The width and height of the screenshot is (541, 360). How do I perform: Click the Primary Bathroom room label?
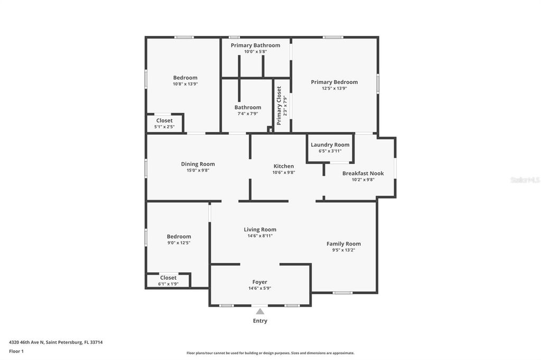click(x=255, y=45)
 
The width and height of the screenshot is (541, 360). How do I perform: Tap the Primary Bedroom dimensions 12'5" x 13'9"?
click(x=334, y=89)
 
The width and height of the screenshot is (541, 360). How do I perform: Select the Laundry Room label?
click(x=330, y=145)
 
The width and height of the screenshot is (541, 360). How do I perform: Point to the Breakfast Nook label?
click(x=363, y=173)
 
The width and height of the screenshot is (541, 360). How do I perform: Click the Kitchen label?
click(x=283, y=166)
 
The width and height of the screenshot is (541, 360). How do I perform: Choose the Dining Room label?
click(x=198, y=164)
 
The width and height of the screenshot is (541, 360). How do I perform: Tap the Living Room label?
click(x=259, y=230)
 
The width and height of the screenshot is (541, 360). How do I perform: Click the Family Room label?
click(x=343, y=244)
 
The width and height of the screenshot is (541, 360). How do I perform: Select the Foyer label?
click(x=259, y=282)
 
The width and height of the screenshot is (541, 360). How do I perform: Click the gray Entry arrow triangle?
click(x=260, y=312)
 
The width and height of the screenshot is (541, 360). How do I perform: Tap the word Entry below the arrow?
click(x=260, y=321)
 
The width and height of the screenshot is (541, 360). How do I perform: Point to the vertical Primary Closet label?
click(x=279, y=106)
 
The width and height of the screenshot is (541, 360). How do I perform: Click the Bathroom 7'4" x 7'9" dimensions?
click(x=248, y=114)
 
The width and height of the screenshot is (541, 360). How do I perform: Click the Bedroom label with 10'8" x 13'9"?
click(x=185, y=78)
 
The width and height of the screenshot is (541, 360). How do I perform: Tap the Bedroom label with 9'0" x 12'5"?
click(x=179, y=236)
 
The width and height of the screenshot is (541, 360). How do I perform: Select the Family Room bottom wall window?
click(x=342, y=292)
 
